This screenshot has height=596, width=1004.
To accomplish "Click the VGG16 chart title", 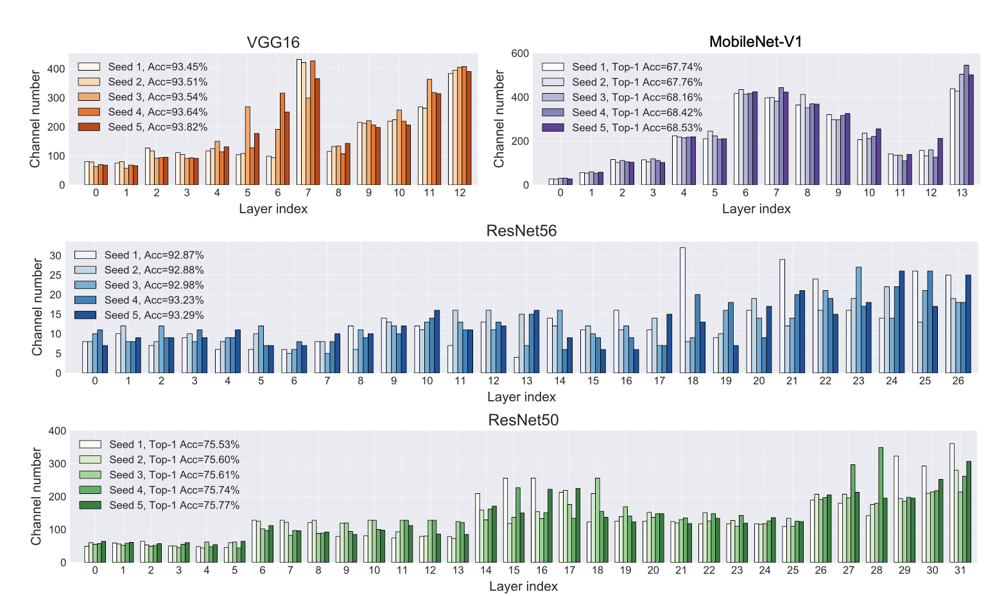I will click(x=273, y=43).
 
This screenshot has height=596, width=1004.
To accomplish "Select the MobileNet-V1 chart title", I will click(x=756, y=42).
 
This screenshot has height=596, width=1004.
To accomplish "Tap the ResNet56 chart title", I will click(x=521, y=231).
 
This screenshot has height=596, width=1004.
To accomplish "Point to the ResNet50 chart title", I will click(x=523, y=420).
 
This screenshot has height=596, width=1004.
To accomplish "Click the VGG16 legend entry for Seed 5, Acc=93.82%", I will click(x=157, y=127).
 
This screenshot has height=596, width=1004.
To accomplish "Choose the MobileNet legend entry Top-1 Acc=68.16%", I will click(x=637, y=98).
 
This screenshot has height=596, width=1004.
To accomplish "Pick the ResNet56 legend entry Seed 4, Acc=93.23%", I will click(x=154, y=300).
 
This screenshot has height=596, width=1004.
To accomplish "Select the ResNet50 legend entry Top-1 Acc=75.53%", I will click(x=174, y=444).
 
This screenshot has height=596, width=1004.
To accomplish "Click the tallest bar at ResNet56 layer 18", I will click(x=682, y=310).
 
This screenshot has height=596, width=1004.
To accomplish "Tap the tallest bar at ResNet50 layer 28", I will click(x=881, y=505).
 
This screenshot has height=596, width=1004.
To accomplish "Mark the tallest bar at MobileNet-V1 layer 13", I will click(x=966, y=125).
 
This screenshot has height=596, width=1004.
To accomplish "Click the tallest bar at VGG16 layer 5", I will click(x=248, y=146).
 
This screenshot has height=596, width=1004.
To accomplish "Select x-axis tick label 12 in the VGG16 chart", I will click(x=460, y=193).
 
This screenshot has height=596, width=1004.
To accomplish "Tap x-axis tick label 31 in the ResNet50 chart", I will click(x=960, y=570).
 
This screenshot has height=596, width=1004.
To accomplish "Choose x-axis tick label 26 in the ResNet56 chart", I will click(x=958, y=381).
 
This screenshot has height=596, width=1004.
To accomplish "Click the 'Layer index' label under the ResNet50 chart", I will click(x=523, y=586).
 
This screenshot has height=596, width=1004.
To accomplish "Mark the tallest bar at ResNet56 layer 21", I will click(x=783, y=316).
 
